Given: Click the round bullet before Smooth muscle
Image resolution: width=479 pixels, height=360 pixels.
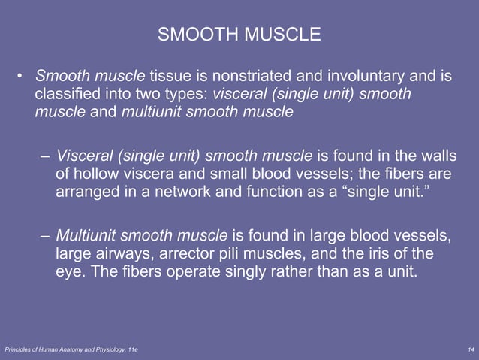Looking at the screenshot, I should click(x=23, y=77).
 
